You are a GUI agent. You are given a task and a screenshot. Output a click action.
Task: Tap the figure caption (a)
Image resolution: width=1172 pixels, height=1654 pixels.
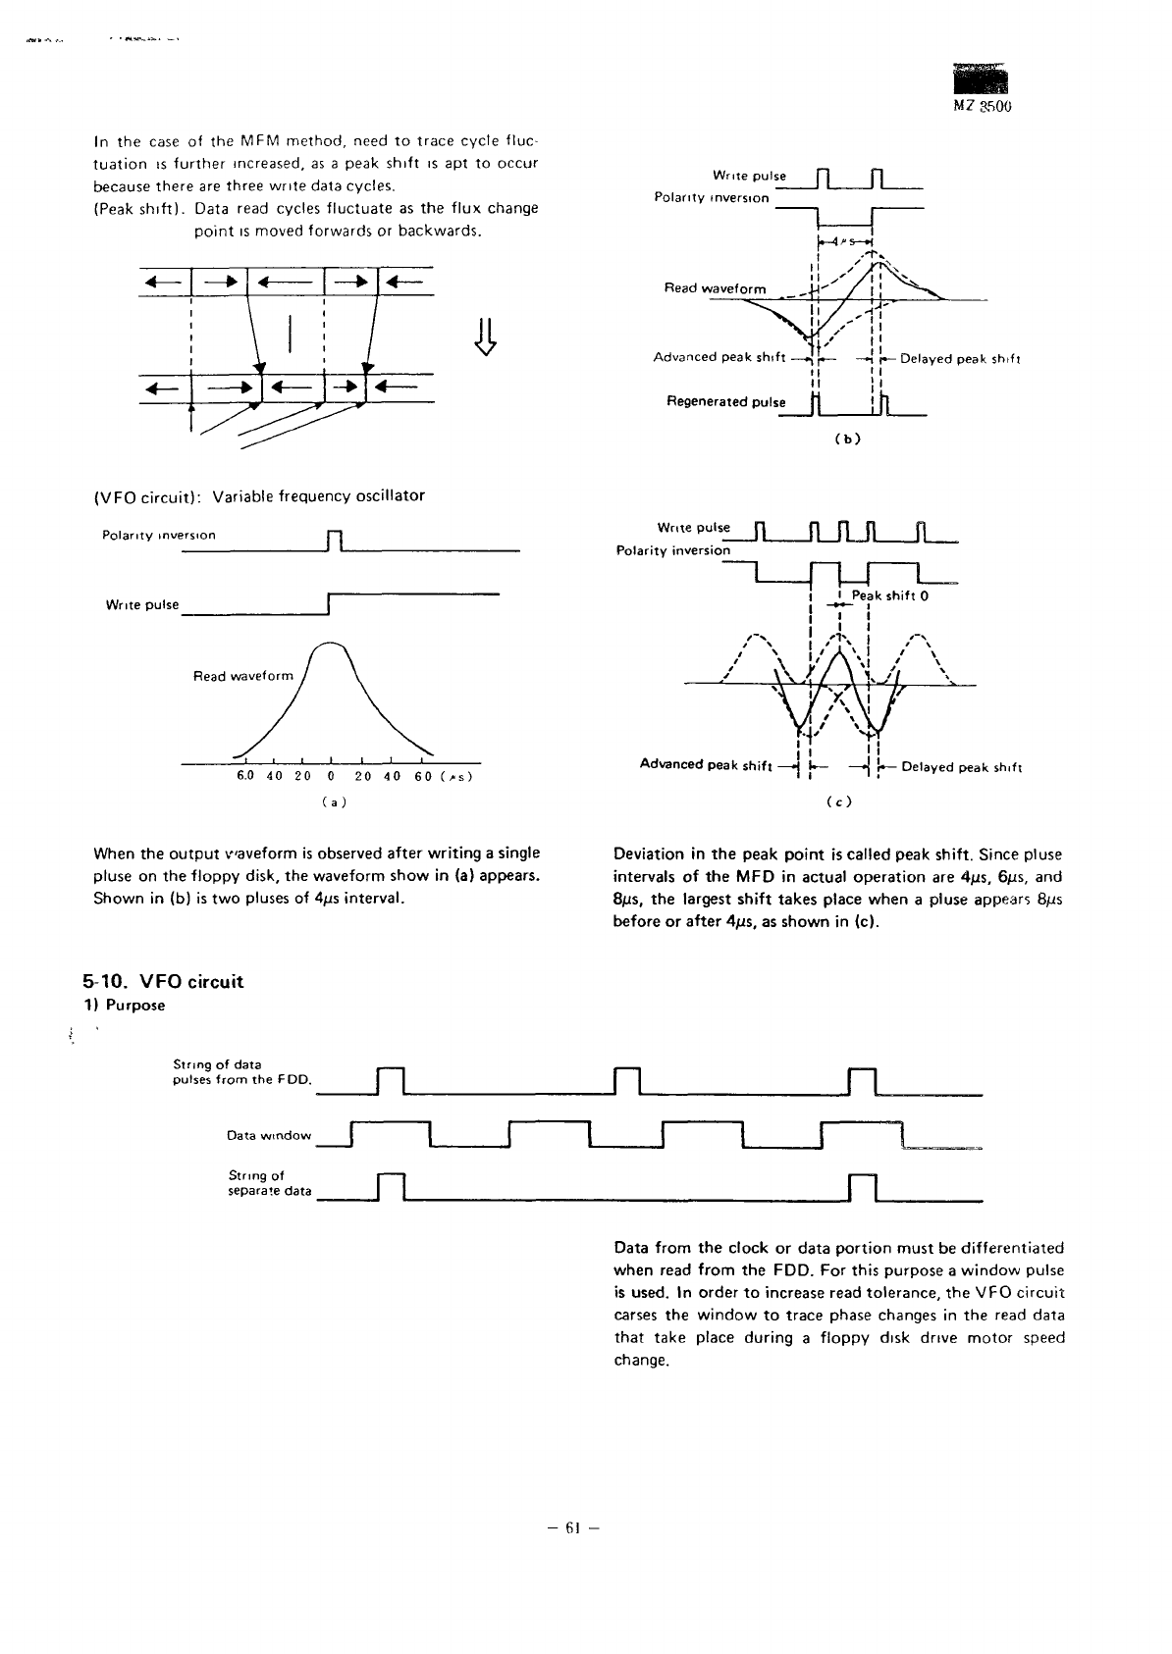[x=333, y=801]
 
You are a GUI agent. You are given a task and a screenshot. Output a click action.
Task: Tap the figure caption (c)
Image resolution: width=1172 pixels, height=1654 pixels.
[x=839, y=801]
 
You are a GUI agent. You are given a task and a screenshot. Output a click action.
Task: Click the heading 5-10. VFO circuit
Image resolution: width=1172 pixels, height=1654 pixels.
[x=163, y=982]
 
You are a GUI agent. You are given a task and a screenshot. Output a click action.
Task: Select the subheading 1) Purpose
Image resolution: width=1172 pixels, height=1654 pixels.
[x=124, y=1006]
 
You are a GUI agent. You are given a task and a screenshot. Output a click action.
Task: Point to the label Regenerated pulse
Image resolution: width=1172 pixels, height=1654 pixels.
[x=726, y=402]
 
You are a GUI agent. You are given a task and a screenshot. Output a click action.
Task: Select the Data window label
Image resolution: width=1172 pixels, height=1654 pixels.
[x=269, y=1135]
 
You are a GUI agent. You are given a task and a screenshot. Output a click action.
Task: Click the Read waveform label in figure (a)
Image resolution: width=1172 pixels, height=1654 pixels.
[x=243, y=676]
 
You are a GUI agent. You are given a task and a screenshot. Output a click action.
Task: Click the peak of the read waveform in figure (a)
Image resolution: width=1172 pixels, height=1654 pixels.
[x=332, y=641]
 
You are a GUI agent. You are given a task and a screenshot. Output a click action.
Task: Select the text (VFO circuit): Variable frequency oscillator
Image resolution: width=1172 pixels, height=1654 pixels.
[x=258, y=495]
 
